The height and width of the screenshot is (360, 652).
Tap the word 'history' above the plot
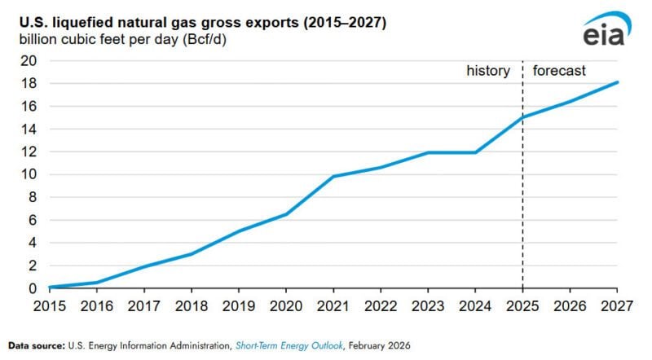point(488,71)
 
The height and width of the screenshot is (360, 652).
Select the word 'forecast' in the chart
point(559,71)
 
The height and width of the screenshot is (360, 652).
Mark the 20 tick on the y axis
point(29,60)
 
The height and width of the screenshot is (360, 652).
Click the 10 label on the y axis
point(29,174)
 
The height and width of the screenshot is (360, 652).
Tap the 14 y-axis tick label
point(29,129)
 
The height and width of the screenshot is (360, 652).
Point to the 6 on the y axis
point(33,220)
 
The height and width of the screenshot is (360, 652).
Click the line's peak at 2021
point(333,176)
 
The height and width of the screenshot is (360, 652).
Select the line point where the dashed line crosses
point(522,117)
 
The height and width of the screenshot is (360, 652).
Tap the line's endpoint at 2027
point(617,81)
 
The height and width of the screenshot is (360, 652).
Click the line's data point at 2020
point(285,214)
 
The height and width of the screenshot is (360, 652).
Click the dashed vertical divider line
point(522,204)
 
